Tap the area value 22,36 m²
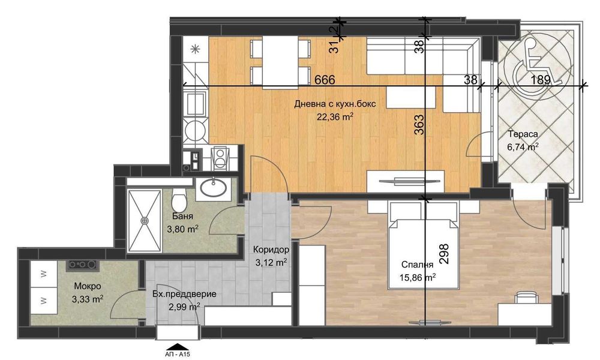click(335, 117)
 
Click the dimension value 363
click(419, 127)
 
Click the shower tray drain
click(144, 220)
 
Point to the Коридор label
click(271, 249)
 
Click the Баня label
click(182, 217)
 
